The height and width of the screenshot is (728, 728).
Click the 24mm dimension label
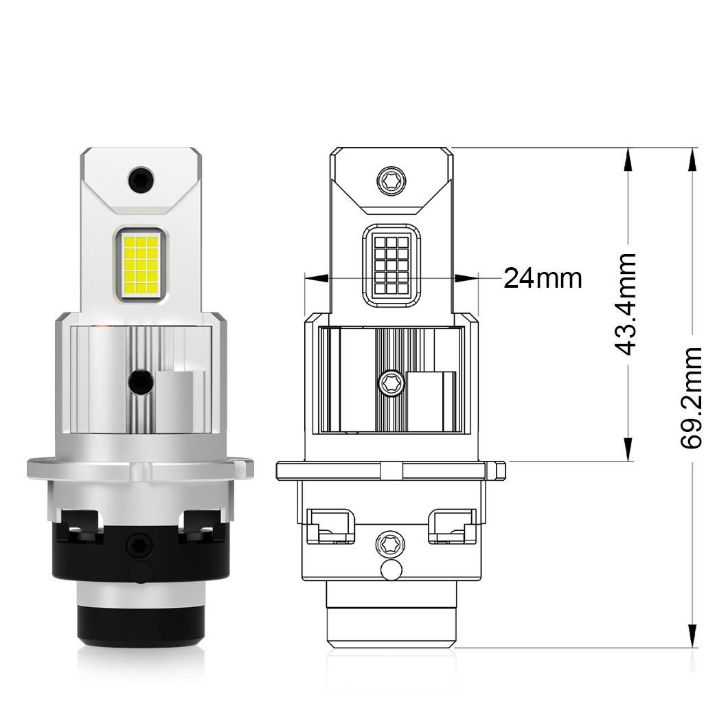[543, 279]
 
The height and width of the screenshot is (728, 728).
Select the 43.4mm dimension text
[624, 304]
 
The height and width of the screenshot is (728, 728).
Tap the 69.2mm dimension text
[692, 398]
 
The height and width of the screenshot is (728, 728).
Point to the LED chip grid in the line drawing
[391, 265]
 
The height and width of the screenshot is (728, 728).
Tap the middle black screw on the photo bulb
[141, 382]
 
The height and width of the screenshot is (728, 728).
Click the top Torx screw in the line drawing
[391, 180]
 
